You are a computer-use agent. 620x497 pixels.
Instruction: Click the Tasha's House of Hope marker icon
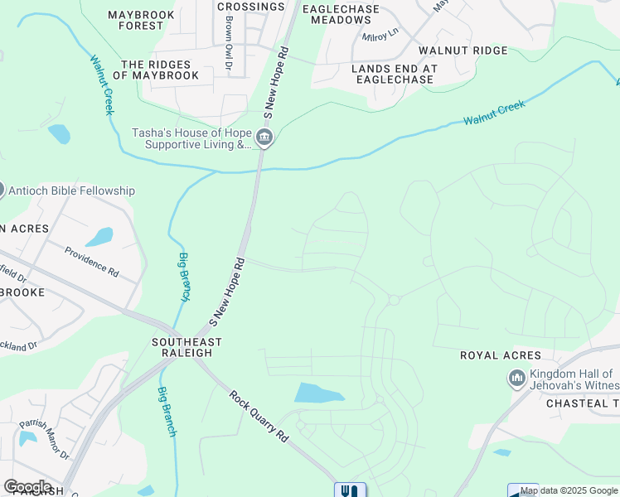click(x=264, y=138)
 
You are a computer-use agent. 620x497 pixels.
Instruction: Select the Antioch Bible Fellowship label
click(x=71, y=191)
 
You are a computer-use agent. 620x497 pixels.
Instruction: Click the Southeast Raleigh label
click(x=186, y=347)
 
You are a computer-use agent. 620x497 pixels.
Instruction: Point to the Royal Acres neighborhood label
click(x=501, y=355)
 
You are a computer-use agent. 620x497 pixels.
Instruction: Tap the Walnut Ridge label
click(x=463, y=51)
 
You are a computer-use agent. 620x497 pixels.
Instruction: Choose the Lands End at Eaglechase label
click(x=392, y=74)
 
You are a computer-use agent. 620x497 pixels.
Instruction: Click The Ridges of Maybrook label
click(x=160, y=70)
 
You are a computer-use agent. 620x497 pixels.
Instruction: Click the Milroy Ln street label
click(x=380, y=36)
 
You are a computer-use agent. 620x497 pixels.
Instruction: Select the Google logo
click(x=27, y=487)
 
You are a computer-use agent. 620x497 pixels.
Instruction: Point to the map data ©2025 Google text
click(x=569, y=490)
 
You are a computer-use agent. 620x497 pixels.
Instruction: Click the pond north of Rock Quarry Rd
click(x=319, y=393)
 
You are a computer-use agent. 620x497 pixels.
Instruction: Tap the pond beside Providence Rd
click(x=99, y=237)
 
